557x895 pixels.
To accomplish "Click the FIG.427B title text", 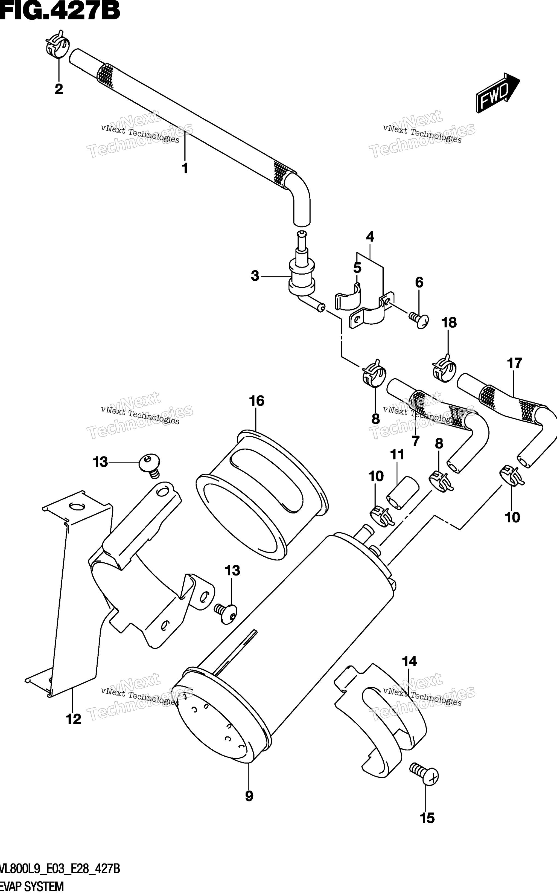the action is pos(60,11).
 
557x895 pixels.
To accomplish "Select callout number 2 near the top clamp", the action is pos(59,89).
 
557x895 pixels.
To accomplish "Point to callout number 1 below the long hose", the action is pos(185,168).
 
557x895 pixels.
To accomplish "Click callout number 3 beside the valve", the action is pos(255,276).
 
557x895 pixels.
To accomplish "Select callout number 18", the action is pos(449,323).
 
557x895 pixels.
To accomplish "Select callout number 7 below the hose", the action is pos(416,441).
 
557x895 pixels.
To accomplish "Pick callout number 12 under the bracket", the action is pos(73,719).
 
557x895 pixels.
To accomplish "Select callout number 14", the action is pos(410,661).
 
